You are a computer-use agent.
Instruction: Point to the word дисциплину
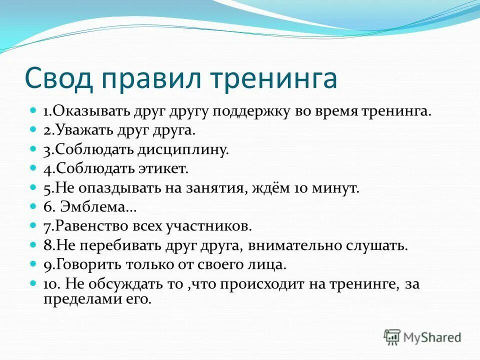(x=186, y=149)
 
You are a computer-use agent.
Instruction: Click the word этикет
(x=163, y=168)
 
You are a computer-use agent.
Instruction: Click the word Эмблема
(x=93, y=207)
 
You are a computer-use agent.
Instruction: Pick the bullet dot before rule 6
(x=33, y=205)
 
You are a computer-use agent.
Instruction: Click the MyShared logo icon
(x=392, y=337)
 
